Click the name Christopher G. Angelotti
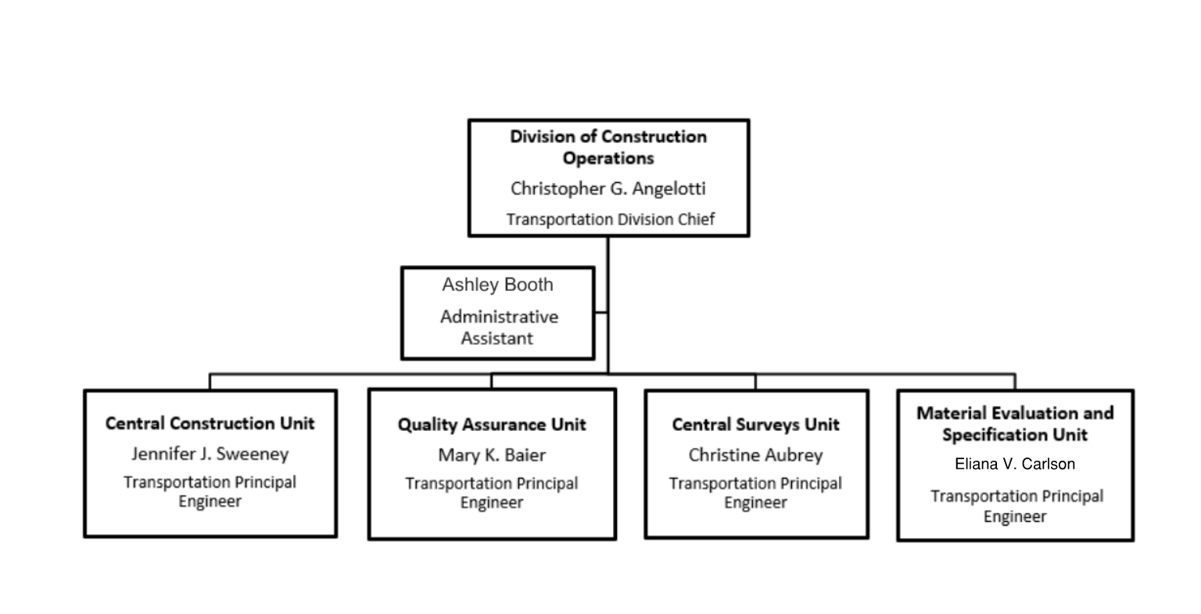(x=608, y=189)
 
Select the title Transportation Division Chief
(x=610, y=219)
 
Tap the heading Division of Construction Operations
(x=608, y=147)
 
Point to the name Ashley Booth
(x=497, y=285)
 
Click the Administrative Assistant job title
(x=499, y=328)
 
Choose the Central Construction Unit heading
(x=210, y=423)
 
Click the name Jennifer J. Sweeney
(x=210, y=454)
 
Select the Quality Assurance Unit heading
(x=492, y=425)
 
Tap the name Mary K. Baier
(x=492, y=455)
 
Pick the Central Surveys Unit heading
(x=755, y=425)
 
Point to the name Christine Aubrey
(x=755, y=455)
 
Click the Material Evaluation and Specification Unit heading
(x=1015, y=424)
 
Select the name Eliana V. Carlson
(x=1015, y=464)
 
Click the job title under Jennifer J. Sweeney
(x=210, y=492)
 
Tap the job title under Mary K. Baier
(x=492, y=493)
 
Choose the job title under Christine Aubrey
(x=755, y=493)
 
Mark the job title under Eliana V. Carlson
(x=1016, y=506)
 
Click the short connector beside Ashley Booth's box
(x=601, y=312)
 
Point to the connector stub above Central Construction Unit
(x=210, y=382)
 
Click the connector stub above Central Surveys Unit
(x=755, y=382)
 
